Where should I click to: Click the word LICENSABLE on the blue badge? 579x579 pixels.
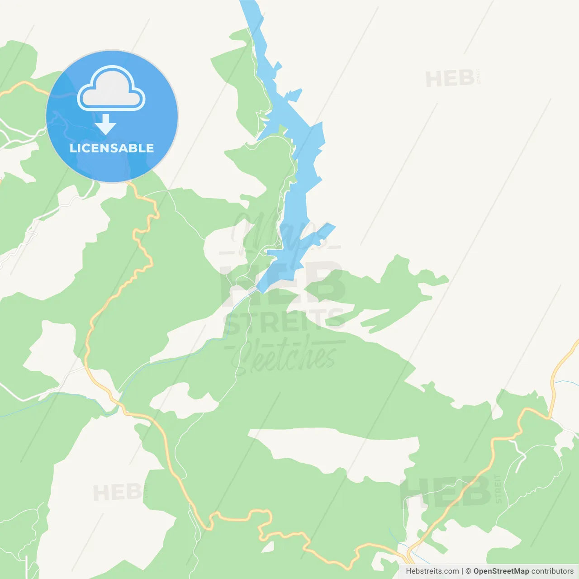pos(112,148)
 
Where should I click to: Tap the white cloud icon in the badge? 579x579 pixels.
pos(111,90)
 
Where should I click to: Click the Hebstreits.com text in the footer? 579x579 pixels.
pos(432,571)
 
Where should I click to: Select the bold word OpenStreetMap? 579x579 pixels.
pos(501,571)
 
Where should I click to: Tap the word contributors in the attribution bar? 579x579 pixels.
pos(552,571)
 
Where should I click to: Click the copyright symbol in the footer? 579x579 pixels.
pos(468,571)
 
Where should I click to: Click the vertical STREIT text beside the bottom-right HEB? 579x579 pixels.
pos(498,489)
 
